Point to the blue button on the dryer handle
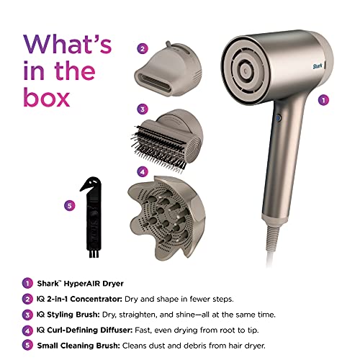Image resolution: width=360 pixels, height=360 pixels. tap(277, 115)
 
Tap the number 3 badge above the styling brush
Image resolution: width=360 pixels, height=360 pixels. tap(143, 109)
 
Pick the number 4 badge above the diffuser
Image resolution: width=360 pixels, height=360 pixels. tap(143, 172)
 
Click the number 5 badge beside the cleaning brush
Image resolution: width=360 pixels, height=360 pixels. tap(69, 204)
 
